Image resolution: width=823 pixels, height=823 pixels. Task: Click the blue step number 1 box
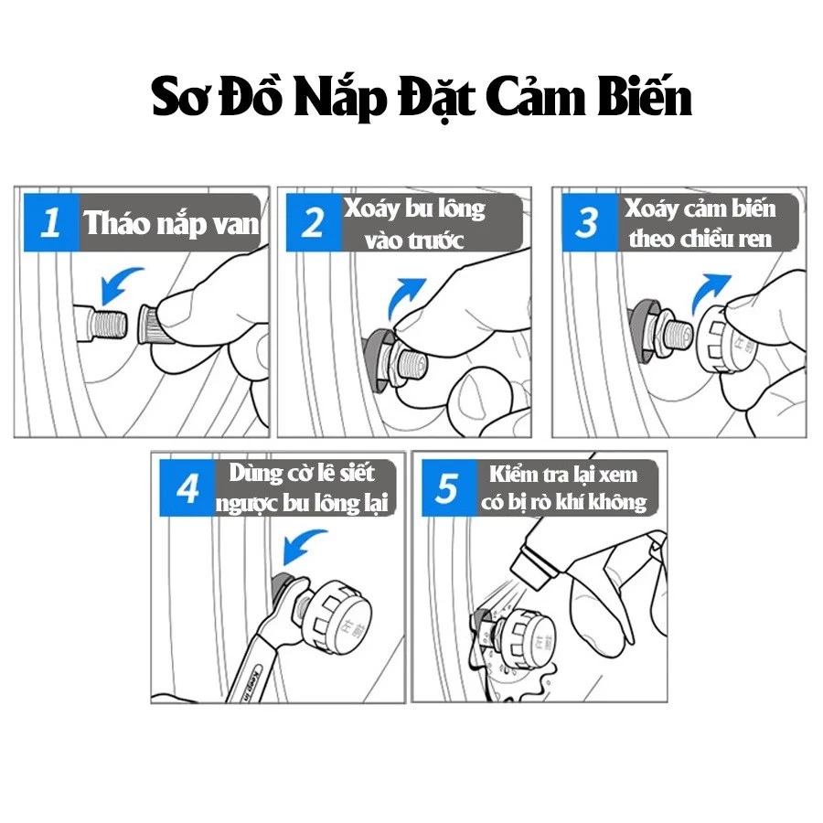(51, 222)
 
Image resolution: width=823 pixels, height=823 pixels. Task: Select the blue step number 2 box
(314, 222)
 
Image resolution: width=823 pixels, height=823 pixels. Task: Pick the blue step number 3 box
(590, 222)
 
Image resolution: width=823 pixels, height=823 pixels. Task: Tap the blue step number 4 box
(187, 487)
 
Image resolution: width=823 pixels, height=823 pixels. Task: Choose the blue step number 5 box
(449, 487)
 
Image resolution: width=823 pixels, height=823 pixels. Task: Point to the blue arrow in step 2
(405, 296)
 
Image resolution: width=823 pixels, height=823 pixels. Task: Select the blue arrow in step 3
(709, 293)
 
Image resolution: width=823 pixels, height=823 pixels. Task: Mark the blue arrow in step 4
(304, 546)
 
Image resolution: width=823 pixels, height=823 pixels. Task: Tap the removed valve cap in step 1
(155, 325)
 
